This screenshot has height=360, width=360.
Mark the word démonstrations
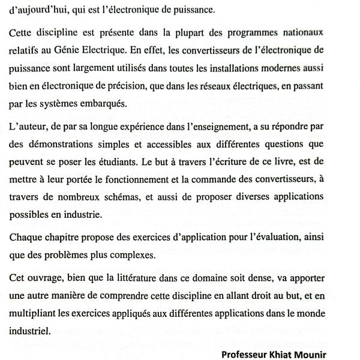[x=61, y=144]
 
